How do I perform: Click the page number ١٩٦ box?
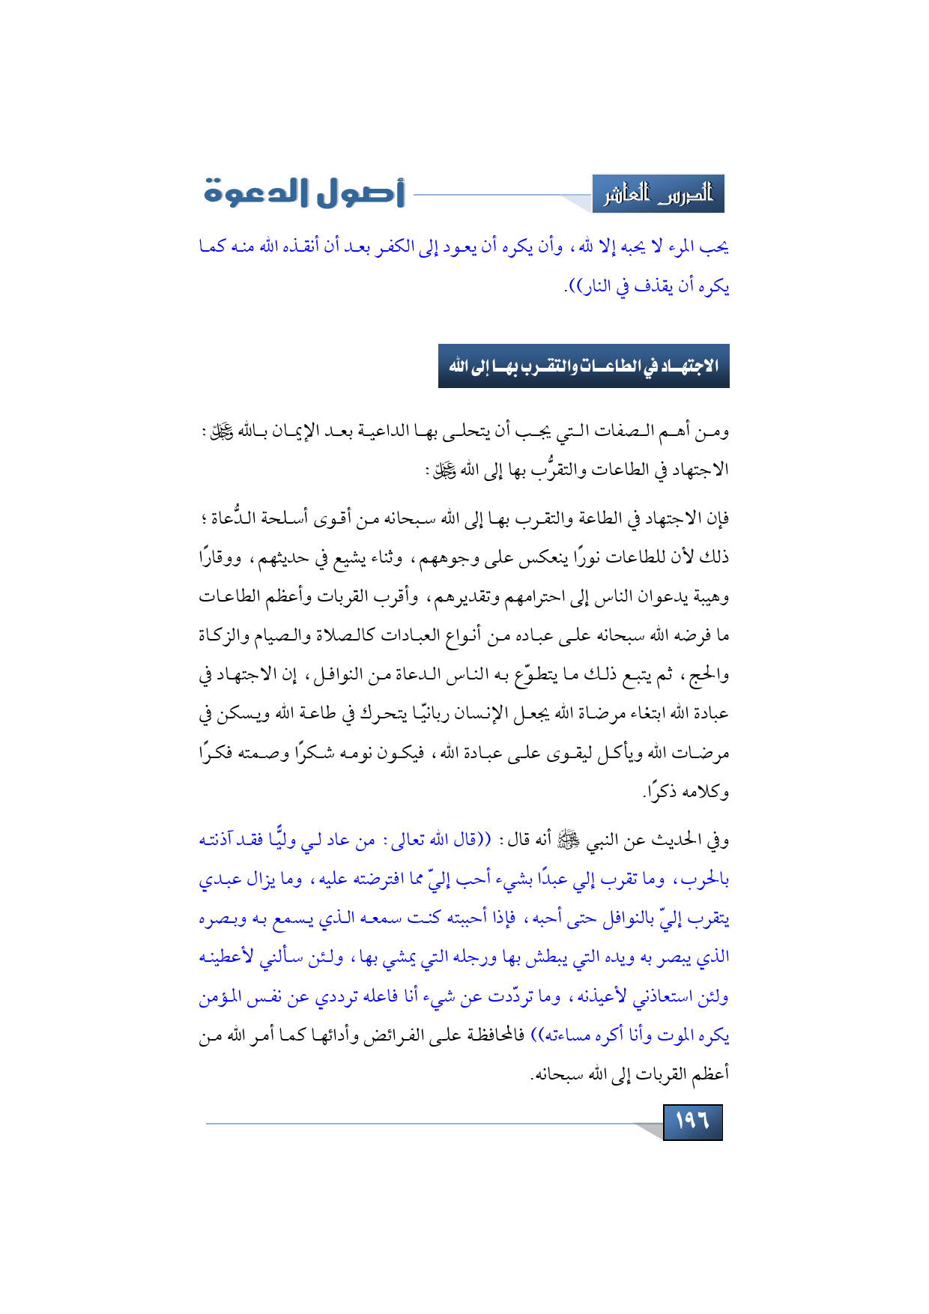692,1121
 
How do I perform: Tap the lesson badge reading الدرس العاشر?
658,195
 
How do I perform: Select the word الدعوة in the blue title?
252,193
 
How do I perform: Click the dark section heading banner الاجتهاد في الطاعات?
584,366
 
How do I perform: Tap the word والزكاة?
224,635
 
